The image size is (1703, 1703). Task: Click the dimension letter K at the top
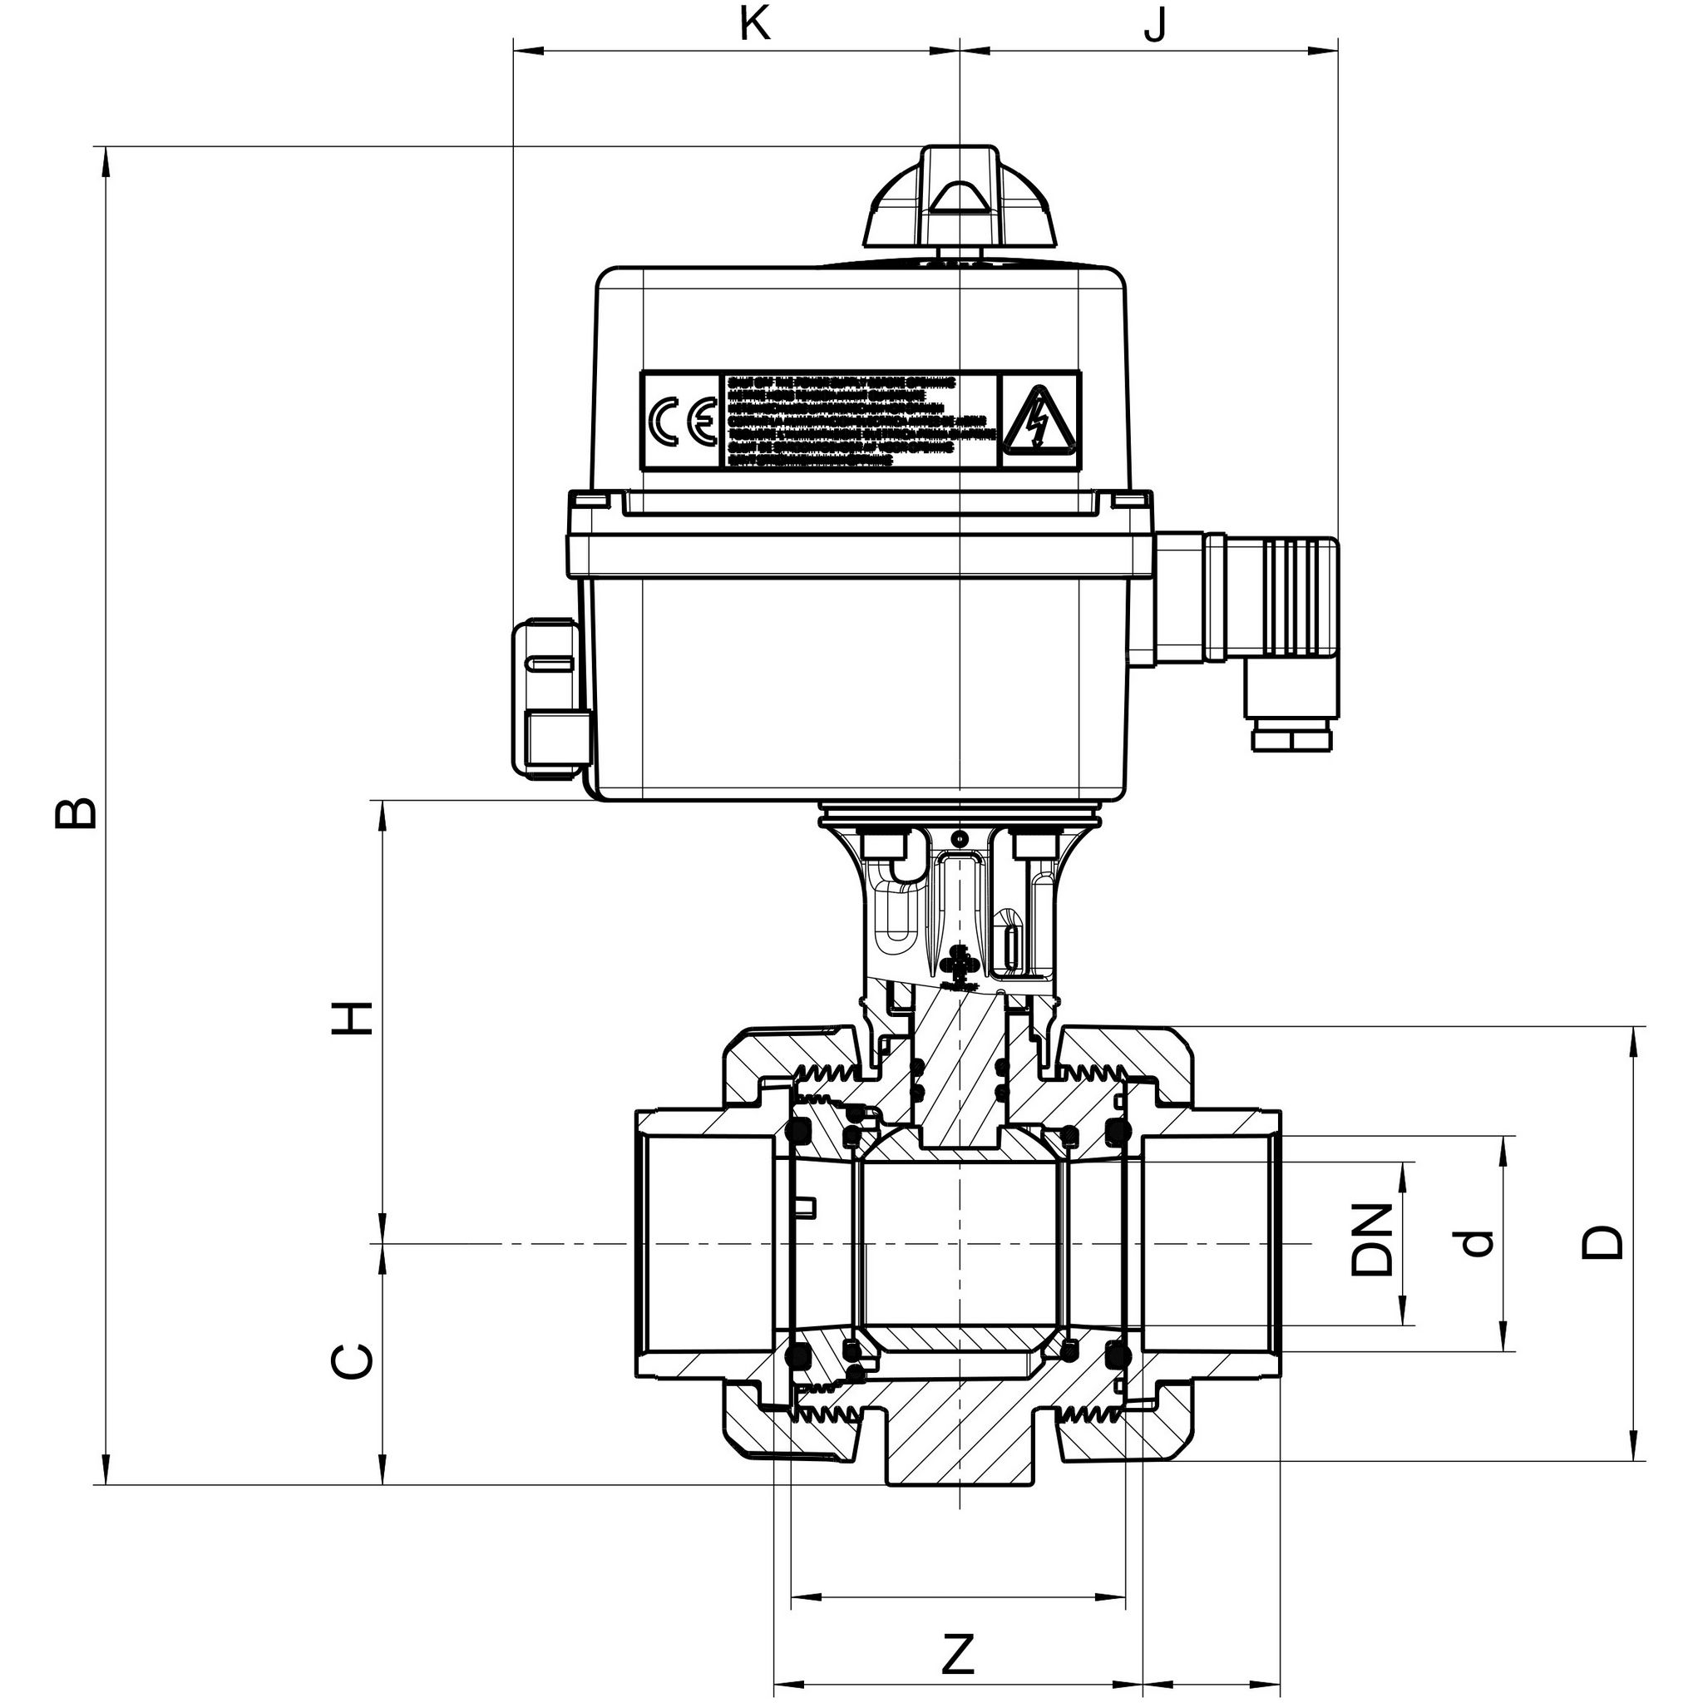click(x=754, y=25)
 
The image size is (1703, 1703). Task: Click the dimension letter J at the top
click(x=1155, y=25)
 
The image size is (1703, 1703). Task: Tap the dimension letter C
click(x=353, y=1362)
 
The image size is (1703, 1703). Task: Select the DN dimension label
click(x=1371, y=1238)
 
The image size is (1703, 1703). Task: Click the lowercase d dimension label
click(x=1478, y=1243)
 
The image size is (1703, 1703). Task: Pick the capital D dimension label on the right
click(x=1602, y=1241)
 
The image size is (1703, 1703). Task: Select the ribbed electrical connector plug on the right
click(x=1291, y=600)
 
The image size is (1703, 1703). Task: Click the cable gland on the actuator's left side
click(x=546, y=696)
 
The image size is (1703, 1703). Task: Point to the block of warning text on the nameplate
click(x=861, y=420)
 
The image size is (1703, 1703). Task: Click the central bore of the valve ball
click(x=959, y=1243)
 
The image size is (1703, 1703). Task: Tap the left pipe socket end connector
click(x=705, y=1243)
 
